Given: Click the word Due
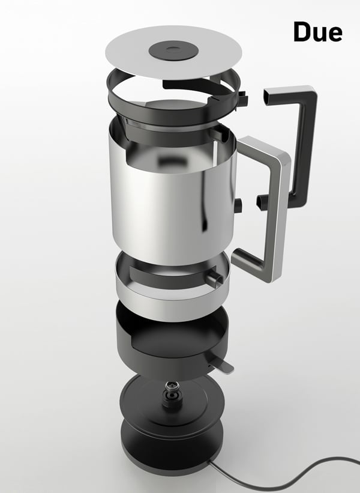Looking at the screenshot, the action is pyautogui.click(x=317, y=32).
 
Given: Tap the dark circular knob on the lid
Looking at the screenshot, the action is pyautogui.click(x=173, y=50).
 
